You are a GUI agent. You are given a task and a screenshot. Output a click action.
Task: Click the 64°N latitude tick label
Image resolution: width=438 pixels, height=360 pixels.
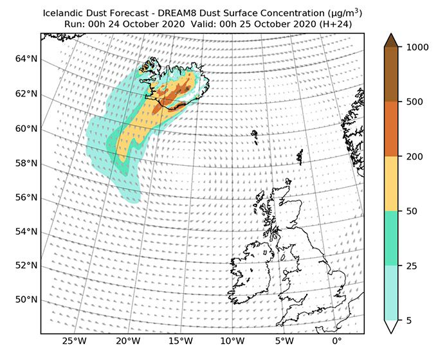tap(25, 59)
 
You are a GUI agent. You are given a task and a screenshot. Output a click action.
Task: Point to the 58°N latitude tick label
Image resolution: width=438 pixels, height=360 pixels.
tap(25, 163)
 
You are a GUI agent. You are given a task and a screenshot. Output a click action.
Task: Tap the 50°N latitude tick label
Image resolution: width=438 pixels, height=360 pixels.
tap(25, 300)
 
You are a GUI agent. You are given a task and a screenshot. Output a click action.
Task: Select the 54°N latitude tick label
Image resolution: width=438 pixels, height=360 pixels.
tap(25, 231)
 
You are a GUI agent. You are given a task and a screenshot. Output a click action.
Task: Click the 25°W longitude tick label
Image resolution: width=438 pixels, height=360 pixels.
tap(75, 341)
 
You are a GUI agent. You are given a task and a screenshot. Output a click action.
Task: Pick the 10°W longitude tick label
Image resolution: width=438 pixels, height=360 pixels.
tap(233, 341)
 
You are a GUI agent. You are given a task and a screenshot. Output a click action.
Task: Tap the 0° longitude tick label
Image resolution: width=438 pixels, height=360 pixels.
tap(337, 341)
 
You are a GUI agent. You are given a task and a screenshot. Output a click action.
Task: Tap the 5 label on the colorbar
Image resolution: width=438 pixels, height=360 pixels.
tap(407, 320)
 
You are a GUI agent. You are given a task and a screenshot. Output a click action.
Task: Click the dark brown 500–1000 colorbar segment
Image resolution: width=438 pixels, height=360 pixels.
tap(392, 74)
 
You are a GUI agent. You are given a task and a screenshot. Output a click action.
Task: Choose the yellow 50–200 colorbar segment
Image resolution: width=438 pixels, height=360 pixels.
tap(392, 183)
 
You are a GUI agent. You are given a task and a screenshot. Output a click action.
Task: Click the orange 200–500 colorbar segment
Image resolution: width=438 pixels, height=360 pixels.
tap(392, 129)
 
